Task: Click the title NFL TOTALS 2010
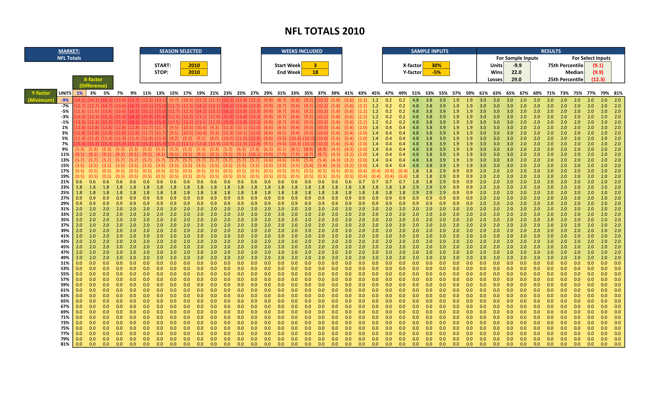[x=325, y=31]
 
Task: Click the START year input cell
[x=194, y=65]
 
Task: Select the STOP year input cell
[x=194, y=72]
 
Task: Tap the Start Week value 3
[x=315, y=65]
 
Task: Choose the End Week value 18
[x=315, y=72]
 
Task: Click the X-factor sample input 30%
[x=436, y=65]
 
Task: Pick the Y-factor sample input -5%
[x=436, y=72]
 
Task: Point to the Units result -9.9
[x=517, y=65]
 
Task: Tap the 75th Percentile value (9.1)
[x=598, y=65]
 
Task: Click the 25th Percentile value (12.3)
[x=598, y=79]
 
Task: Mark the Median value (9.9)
[x=598, y=72]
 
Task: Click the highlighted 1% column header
[x=80, y=93]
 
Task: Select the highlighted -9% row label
[x=65, y=100]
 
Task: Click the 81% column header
[x=618, y=93]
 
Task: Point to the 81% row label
[x=65, y=344]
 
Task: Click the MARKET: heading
[x=69, y=51]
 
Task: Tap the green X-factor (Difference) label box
[x=93, y=82]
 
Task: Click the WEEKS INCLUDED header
[x=302, y=51]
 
